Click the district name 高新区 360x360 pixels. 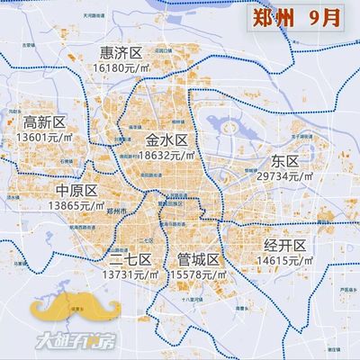[x=45, y=122]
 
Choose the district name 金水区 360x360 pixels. [x=166, y=140]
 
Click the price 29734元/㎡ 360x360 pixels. [x=286, y=176]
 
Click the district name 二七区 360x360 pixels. [x=131, y=259]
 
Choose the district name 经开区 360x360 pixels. [x=285, y=245]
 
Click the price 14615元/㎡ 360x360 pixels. [x=286, y=259]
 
